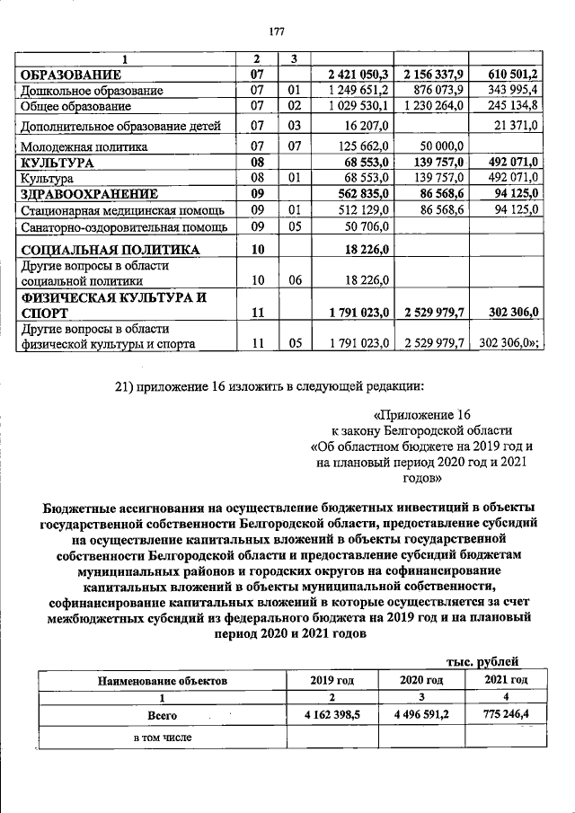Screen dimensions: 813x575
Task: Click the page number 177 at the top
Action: [x=277, y=32]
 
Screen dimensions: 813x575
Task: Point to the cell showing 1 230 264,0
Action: [x=434, y=106]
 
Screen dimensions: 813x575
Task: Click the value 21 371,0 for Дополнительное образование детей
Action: [x=512, y=126]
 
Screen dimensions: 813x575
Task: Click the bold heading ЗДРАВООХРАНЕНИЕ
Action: [x=90, y=193]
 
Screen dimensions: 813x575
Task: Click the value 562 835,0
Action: [x=358, y=193]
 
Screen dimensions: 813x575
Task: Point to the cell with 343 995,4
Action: [x=508, y=90]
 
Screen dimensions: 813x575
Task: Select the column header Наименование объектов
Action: [x=163, y=681]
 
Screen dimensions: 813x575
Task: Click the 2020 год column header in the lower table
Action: [x=421, y=680]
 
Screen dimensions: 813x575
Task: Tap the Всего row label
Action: [x=163, y=716]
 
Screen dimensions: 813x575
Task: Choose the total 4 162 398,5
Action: [x=332, y=716]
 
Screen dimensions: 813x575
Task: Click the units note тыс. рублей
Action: [x=490, y=661]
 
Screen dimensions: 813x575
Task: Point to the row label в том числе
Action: [x=163, y=738]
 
